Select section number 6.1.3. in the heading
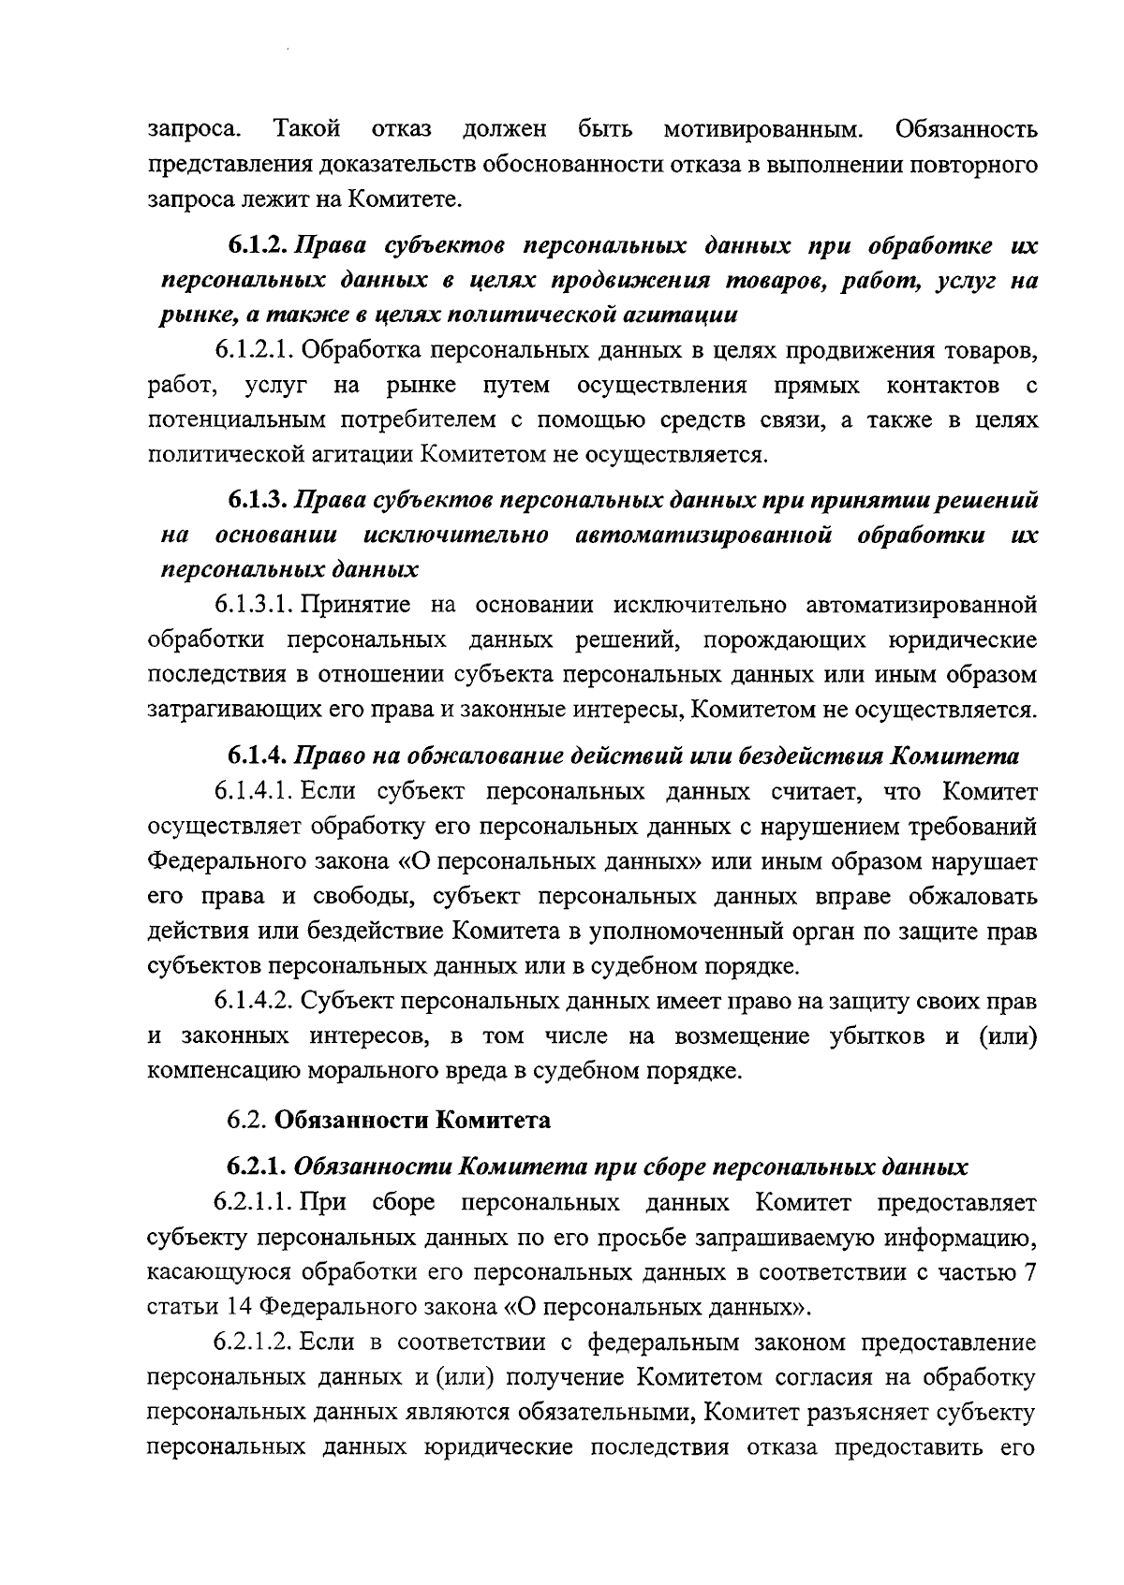259,500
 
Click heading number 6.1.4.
259,756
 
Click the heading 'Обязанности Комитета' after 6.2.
413,1120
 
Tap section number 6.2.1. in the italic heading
259,1167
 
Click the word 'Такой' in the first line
306,127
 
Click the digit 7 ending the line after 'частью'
1030,1272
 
